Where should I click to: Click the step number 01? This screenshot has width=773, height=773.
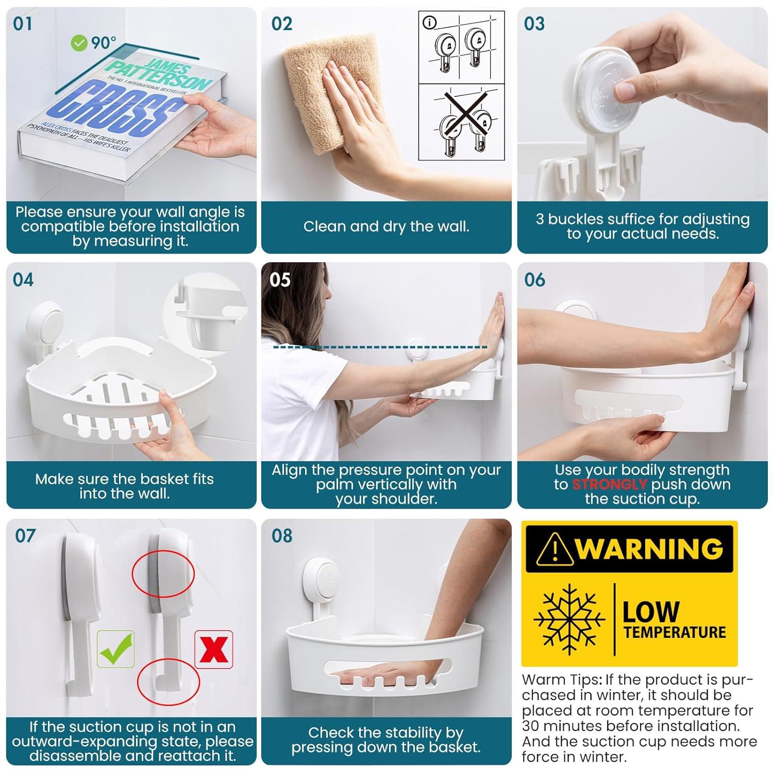point(23,24)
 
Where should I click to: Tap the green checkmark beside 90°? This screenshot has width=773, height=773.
point(78,43)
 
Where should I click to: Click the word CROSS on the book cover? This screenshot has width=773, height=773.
point(113,108)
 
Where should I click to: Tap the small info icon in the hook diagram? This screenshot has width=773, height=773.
point(429,23)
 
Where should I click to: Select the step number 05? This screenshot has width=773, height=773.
point(280,279)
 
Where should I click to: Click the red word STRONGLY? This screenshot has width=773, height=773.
point(609,484)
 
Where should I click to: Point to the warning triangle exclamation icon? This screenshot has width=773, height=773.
point(554,549)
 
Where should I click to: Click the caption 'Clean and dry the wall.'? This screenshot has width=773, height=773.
point(386,227)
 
